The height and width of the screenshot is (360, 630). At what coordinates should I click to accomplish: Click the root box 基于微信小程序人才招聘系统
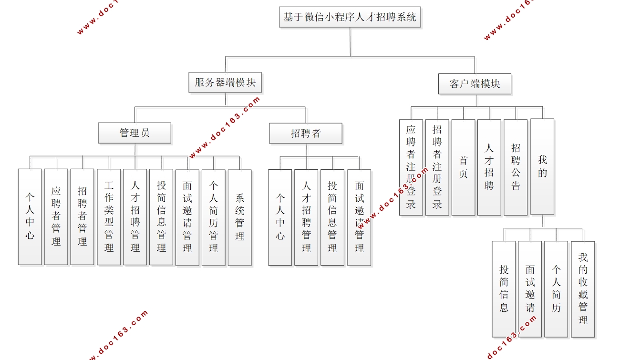coord(350,17)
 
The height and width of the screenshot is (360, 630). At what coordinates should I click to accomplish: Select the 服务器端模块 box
coord(225,82)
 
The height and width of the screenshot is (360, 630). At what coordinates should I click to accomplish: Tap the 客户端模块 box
coord(475,84)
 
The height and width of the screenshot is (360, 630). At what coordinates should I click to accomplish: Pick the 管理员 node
coord(134,133)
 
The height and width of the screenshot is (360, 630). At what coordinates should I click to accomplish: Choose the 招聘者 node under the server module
coord(306,134)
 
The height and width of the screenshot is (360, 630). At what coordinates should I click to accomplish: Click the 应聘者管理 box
coord(56,216)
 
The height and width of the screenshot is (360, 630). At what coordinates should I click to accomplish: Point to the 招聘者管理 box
coord(83,216)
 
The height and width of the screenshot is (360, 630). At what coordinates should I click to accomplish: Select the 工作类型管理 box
coord(109,216)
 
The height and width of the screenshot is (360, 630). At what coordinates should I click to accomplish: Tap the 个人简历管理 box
coord(214,216)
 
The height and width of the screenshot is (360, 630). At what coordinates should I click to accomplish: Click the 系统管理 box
coord(240,216)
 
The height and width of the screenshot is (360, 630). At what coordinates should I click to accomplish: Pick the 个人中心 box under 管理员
coord(30,216)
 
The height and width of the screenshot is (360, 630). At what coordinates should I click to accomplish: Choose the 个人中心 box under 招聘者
coord(280,217)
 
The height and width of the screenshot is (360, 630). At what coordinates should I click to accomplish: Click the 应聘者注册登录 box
coord(411,167)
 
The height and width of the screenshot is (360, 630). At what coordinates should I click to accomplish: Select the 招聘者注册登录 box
coord(437,167)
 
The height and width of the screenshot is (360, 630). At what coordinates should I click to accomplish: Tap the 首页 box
coord(464,167)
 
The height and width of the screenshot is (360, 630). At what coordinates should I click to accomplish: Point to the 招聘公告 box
coord(516,167)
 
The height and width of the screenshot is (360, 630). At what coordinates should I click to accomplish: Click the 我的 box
coord(542,166)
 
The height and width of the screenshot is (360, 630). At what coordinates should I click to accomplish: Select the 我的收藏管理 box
coord(583,289)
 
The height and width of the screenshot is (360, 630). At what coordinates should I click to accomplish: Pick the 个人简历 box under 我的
coord(556,289)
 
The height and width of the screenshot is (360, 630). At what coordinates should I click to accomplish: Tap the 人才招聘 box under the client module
coord(489,167)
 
